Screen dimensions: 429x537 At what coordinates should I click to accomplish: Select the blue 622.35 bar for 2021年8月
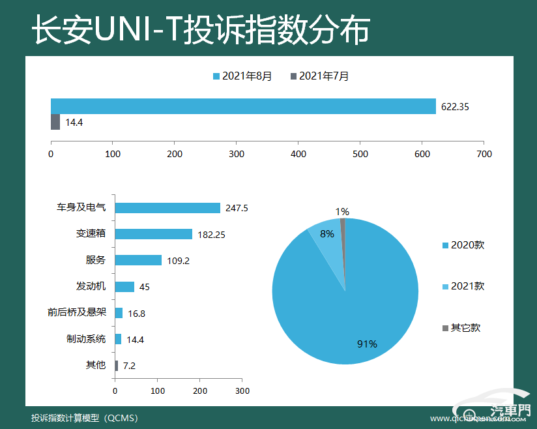[243, 106]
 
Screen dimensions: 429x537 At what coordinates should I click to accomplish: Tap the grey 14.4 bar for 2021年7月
[55, 122]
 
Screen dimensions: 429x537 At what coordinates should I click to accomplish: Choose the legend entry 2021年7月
[319, 76]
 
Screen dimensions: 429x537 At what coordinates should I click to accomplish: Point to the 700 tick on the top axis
[484, 155]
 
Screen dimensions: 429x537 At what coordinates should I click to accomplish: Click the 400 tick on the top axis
[298, 155]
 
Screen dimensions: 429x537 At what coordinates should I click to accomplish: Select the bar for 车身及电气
[167, 208]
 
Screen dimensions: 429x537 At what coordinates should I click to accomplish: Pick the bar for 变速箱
[154, 234]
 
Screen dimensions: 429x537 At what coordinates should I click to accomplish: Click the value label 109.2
[179, 261]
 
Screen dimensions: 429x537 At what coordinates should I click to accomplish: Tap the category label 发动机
[91, 286]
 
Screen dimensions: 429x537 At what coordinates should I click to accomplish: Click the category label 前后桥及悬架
[76, 312]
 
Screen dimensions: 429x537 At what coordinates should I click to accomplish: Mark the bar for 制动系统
[118, 339]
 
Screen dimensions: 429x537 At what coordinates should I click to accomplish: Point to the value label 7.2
[129, 366]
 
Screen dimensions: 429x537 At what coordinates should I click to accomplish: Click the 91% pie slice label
[367, 344]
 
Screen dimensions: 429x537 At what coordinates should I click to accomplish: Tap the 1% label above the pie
[342, 211]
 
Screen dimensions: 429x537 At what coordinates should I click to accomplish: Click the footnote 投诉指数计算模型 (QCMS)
[85, 418]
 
